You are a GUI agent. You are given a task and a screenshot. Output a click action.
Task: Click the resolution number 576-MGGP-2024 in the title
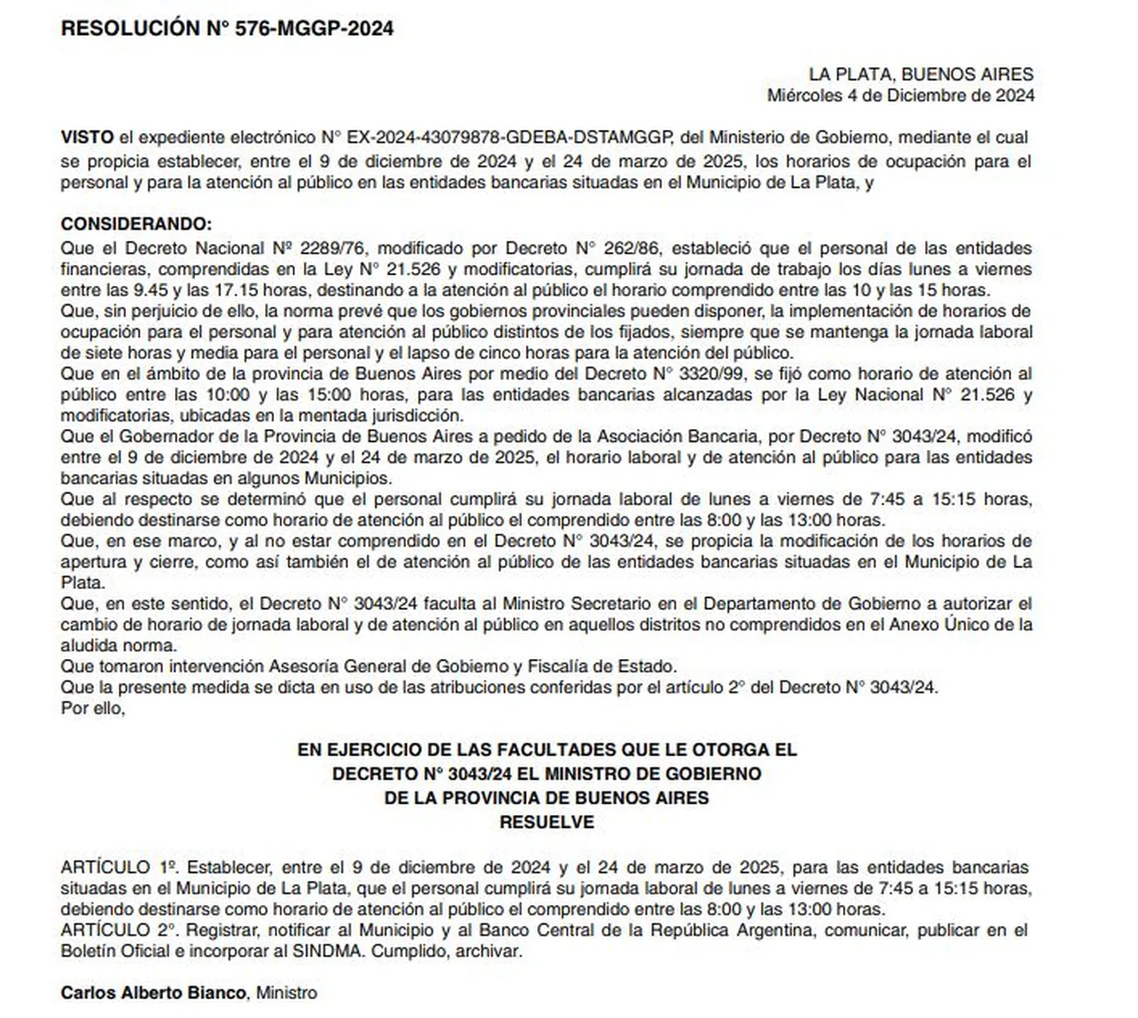[314, 28]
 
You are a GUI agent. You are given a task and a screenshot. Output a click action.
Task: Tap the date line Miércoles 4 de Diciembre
[900, 96]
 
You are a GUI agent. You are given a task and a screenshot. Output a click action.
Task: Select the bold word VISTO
[87, 137]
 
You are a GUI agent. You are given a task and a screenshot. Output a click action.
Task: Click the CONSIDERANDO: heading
[136, 224]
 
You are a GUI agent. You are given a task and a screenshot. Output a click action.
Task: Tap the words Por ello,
[93, 708]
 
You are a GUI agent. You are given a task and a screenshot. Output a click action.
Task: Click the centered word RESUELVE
[546, 822]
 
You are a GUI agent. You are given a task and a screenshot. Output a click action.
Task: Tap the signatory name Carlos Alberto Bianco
[153, 993]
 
